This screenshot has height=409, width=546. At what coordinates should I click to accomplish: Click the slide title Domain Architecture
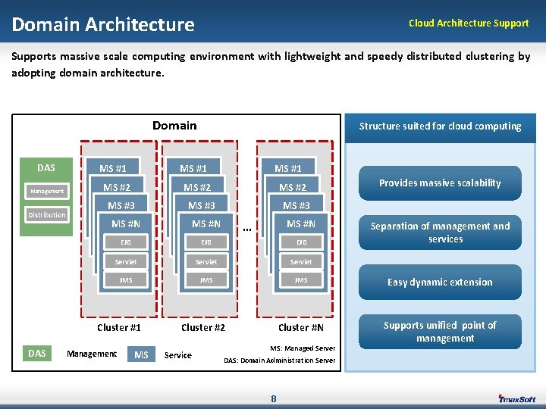103,25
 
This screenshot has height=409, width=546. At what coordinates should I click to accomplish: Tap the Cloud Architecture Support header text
469,23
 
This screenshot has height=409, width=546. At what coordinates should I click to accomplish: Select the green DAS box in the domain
46,168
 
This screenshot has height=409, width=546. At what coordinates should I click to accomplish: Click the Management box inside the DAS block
47,192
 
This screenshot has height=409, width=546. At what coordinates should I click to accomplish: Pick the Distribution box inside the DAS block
47,215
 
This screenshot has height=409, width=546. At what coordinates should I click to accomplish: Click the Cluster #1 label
119,328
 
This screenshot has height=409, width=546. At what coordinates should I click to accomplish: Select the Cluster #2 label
203,328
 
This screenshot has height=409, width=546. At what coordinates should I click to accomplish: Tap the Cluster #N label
301,328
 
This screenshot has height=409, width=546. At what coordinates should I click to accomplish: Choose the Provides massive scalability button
440,183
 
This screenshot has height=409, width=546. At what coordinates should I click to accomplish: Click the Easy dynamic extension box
440,282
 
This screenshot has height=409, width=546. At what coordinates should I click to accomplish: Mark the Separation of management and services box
440,233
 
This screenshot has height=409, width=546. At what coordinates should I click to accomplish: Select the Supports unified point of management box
440,332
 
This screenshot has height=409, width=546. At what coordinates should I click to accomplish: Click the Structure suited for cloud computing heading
440,126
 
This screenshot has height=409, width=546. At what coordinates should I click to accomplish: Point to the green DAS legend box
37,354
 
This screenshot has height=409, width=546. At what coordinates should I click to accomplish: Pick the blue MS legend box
141,354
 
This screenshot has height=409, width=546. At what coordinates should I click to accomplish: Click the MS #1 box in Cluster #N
288,168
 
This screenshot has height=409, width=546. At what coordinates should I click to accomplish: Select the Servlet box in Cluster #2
206,262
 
